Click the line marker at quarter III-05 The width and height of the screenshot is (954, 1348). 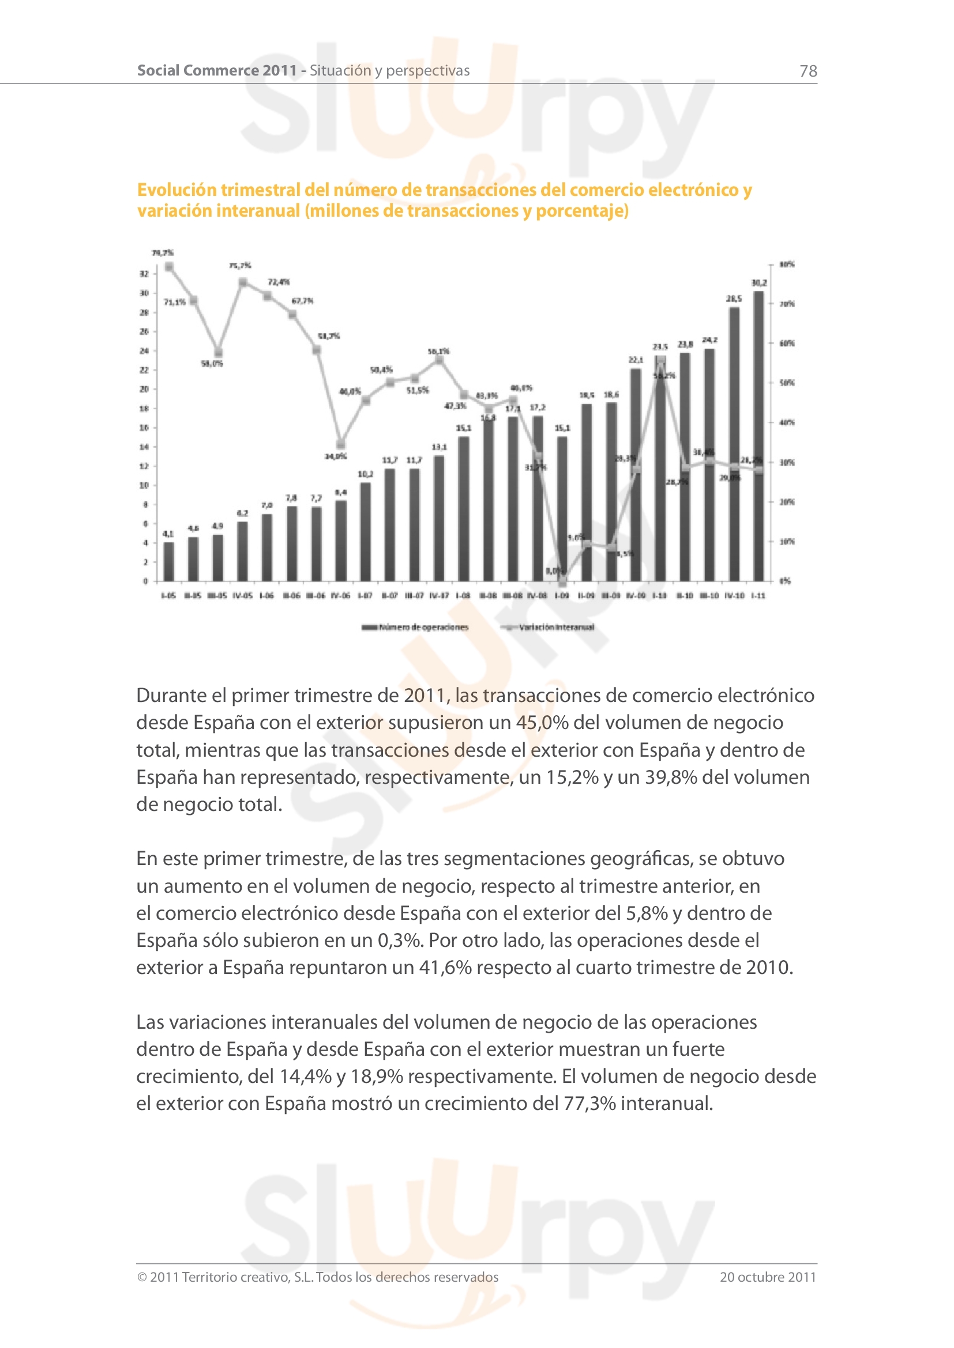click(x=219, y=353)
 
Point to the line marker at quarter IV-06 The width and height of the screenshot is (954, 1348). click(x=341, y=444)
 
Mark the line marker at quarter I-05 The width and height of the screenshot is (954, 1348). click(x=169, y=267)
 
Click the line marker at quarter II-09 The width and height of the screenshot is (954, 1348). click(x=586, y=544)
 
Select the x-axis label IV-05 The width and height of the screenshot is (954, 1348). click(x=242, y=595)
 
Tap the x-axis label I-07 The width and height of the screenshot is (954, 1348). click(x=365, y=595)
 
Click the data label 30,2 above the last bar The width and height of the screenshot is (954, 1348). click(x=759, y=282)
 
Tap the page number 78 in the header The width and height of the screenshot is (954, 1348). click(x=807, y=71)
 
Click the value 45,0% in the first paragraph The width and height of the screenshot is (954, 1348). click(x=542, y=722)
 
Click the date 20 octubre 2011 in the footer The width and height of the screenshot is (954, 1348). click(x=768, y=1277)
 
